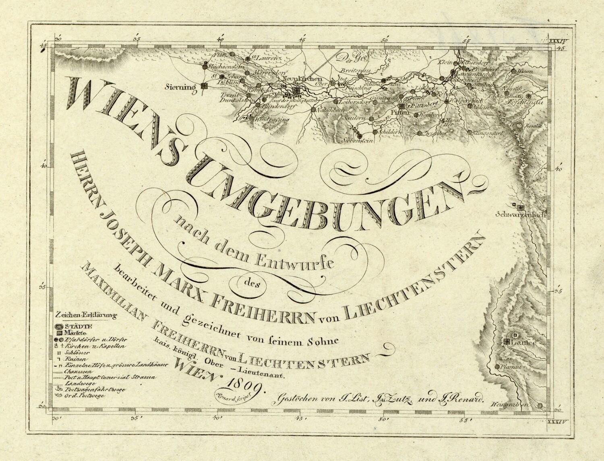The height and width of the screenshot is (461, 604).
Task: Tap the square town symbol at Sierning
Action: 205,86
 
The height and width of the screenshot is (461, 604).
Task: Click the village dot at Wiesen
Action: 514,71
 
